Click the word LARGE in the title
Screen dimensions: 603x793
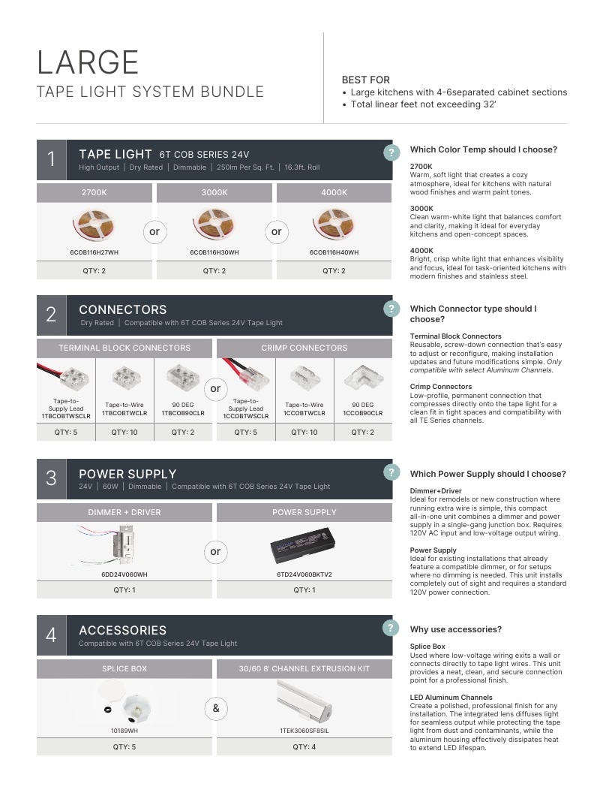[x=88, y=62]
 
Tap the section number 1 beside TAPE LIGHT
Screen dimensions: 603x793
[x=51, y=159]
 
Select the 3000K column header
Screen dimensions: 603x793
[x=214, y=193]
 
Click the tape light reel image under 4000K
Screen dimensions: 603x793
[x=334, y=225]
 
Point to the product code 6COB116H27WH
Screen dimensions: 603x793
[x=94, y=252]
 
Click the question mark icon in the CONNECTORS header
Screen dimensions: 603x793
[x=391, y=309]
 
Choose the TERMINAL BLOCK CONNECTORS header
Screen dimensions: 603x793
[x=124, y=348]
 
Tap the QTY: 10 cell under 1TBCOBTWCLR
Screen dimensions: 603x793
[x=124, y=433]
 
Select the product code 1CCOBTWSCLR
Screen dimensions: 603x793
[x=246, y=416]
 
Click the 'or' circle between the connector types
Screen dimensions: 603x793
[x=215, y=388]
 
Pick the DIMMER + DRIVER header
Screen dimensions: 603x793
[x=124, y=512]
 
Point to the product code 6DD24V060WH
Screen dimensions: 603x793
[x=124, y=574]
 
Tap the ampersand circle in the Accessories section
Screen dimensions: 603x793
[x=216, y=708]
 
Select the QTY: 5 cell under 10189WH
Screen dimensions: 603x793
[x=124, y=747]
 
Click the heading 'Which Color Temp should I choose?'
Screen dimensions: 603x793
[x=483, y=149]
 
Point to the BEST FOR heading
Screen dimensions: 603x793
[x=366, y=80]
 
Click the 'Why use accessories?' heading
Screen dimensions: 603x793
[x=455, y=629]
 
